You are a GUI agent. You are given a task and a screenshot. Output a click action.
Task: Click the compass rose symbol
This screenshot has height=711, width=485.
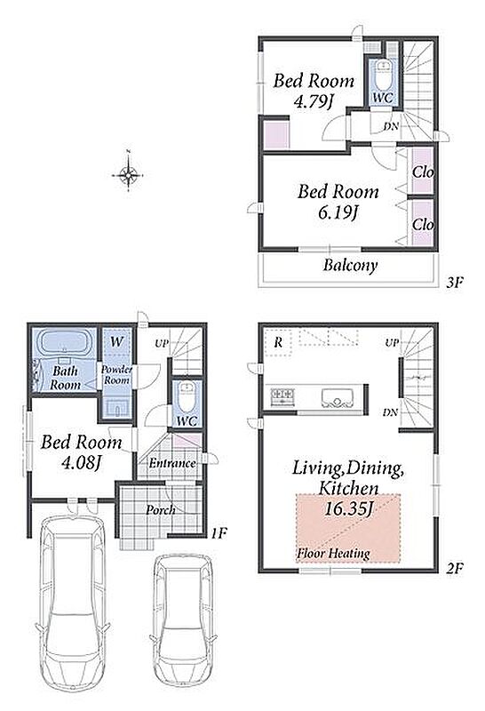(129, 172)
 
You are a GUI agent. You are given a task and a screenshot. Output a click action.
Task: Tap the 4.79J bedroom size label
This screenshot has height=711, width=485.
(314, 101)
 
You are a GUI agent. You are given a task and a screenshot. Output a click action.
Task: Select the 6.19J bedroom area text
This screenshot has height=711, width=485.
(338, 212)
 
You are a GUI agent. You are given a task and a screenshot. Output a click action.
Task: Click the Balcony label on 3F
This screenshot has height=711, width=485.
(350, 265)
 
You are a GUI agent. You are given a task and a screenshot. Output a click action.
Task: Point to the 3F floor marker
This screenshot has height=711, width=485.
(454, 283)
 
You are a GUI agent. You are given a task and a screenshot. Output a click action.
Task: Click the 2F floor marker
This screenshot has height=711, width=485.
(454, 568)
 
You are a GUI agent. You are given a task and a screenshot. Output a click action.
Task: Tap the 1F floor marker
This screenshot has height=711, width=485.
(218, 533)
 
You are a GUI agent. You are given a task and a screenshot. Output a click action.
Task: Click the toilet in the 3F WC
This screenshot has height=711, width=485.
(383, 76)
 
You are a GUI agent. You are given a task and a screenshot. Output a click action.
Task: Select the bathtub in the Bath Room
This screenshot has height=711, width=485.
(64, 344)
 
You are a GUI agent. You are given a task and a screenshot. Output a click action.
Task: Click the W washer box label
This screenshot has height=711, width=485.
(116, 341)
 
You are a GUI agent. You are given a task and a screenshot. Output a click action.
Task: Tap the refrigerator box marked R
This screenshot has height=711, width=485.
(277, 342)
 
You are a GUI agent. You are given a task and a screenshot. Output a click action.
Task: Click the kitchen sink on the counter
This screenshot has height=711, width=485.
(338, 396)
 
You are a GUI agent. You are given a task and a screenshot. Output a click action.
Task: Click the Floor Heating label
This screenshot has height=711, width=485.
(333, 553)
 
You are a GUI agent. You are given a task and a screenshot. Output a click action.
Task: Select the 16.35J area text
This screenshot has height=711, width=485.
(348, 508)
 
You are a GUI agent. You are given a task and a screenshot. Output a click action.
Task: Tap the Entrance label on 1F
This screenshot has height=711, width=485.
(172, 463)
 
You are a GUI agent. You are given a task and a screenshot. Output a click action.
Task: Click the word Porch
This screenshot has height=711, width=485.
(161, 509)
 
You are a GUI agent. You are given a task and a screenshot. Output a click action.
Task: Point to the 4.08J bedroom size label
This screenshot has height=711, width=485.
(81, 462)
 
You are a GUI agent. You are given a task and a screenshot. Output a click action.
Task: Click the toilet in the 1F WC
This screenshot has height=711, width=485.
(186, 395)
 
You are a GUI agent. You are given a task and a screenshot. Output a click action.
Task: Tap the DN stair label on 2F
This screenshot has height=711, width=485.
(390, 412)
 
